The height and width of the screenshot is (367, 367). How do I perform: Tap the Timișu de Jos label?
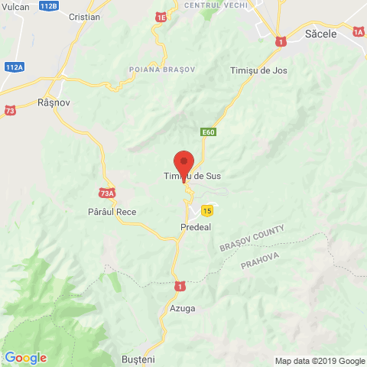pos(257,70)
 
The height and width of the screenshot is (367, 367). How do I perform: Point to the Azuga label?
pos(183,308)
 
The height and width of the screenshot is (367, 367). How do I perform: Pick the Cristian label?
pos(84,16)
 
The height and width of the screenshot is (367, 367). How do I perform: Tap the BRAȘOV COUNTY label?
pos(252,239)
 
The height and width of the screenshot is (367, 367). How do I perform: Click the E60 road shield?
pos(209,132)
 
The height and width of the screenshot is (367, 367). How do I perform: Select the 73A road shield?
pos(107,193)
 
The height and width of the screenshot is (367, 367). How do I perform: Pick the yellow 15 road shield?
pos(207,209)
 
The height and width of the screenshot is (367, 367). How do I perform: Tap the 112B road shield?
pos(47,5)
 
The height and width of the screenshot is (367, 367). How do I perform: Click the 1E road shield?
pos(161,16)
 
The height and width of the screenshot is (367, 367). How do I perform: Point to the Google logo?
pos(25,357)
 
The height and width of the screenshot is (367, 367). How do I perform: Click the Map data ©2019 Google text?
pos(320,361)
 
